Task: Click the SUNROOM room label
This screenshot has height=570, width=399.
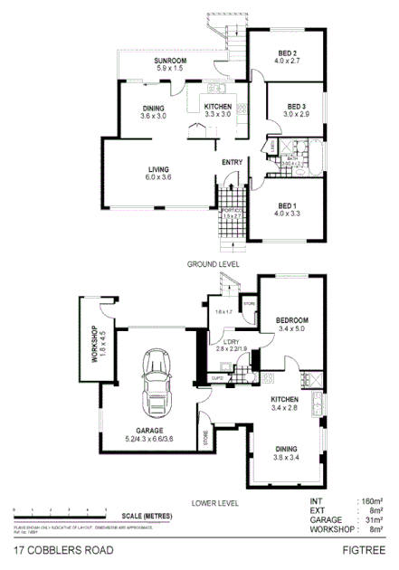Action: (169, 61)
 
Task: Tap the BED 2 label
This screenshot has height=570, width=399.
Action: (289, 53)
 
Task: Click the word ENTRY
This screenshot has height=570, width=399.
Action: (232, 163)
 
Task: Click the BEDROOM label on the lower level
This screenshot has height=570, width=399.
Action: (292, 319)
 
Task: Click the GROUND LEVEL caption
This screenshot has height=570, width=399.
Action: (213, 263)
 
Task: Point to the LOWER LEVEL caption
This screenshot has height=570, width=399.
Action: (215, 502)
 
